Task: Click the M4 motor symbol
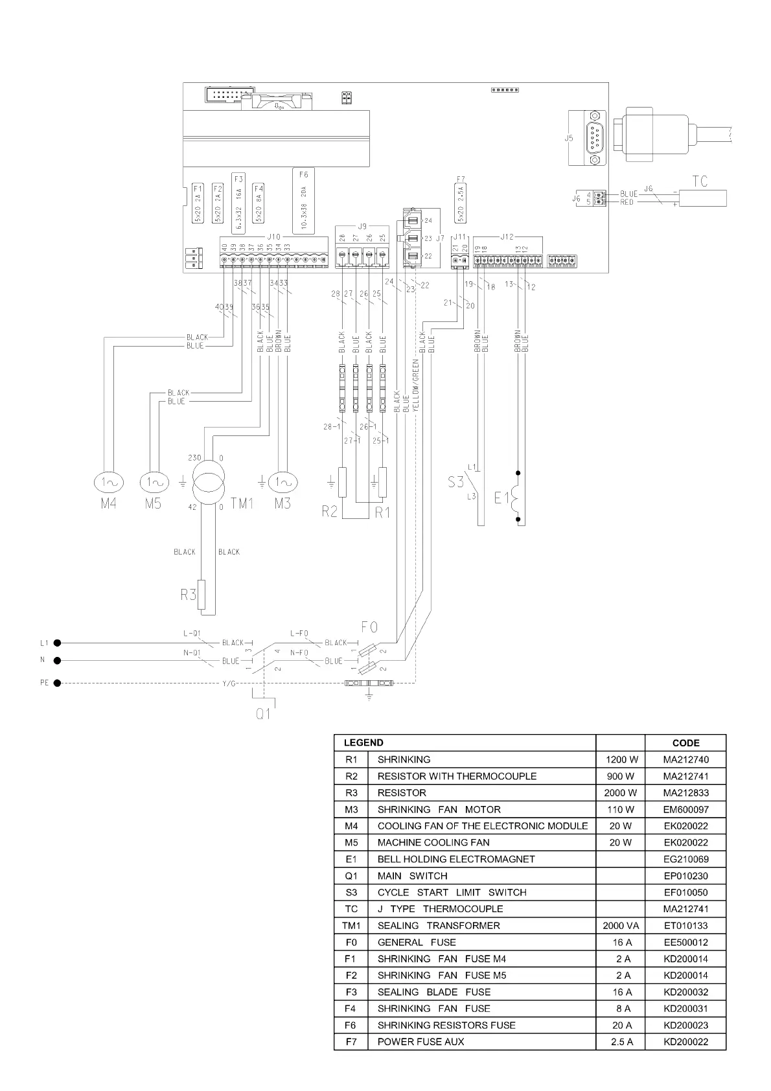tap(108, 482)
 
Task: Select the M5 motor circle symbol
tap(154, 482)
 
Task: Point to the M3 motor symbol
tap(282, 482)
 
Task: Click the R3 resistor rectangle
tap(202, 595)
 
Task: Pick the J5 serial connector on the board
tap(595, 137)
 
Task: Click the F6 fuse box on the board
tap(304, 201)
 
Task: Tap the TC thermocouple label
tap(700, 181)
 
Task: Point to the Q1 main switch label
tap(263, 714)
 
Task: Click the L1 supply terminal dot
tap(58, 643)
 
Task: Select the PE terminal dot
tap(58, 683)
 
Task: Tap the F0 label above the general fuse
tap(369, 627)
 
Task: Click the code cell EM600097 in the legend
tap(685, 809)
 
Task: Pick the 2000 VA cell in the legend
tap(621, 926)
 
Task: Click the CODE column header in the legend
tap(685, 743)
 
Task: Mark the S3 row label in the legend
tap(351, 893)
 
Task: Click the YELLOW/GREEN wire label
tap(416, 385)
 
